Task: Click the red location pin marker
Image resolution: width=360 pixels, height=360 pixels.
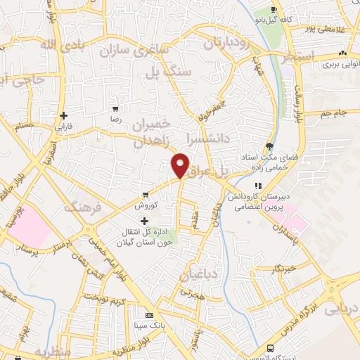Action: point(181,165)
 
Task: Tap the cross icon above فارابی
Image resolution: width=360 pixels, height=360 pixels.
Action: point(64,115)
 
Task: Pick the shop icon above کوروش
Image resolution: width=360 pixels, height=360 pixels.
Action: point(146,195)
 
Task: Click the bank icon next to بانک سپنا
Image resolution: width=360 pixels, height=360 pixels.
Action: point(148,316)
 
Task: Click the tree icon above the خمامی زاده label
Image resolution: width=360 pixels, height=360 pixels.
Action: point(270,146)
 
